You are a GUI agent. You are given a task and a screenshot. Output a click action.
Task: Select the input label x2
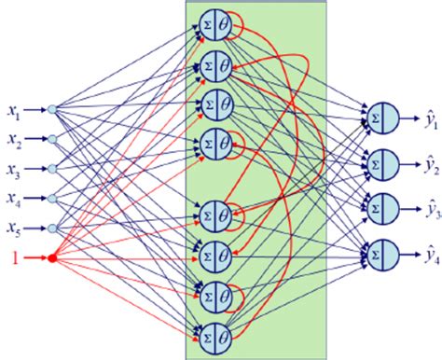(12, 140)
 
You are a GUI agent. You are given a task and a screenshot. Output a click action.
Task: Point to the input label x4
(12, 199)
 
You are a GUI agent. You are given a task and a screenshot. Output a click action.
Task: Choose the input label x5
(12, 228)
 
